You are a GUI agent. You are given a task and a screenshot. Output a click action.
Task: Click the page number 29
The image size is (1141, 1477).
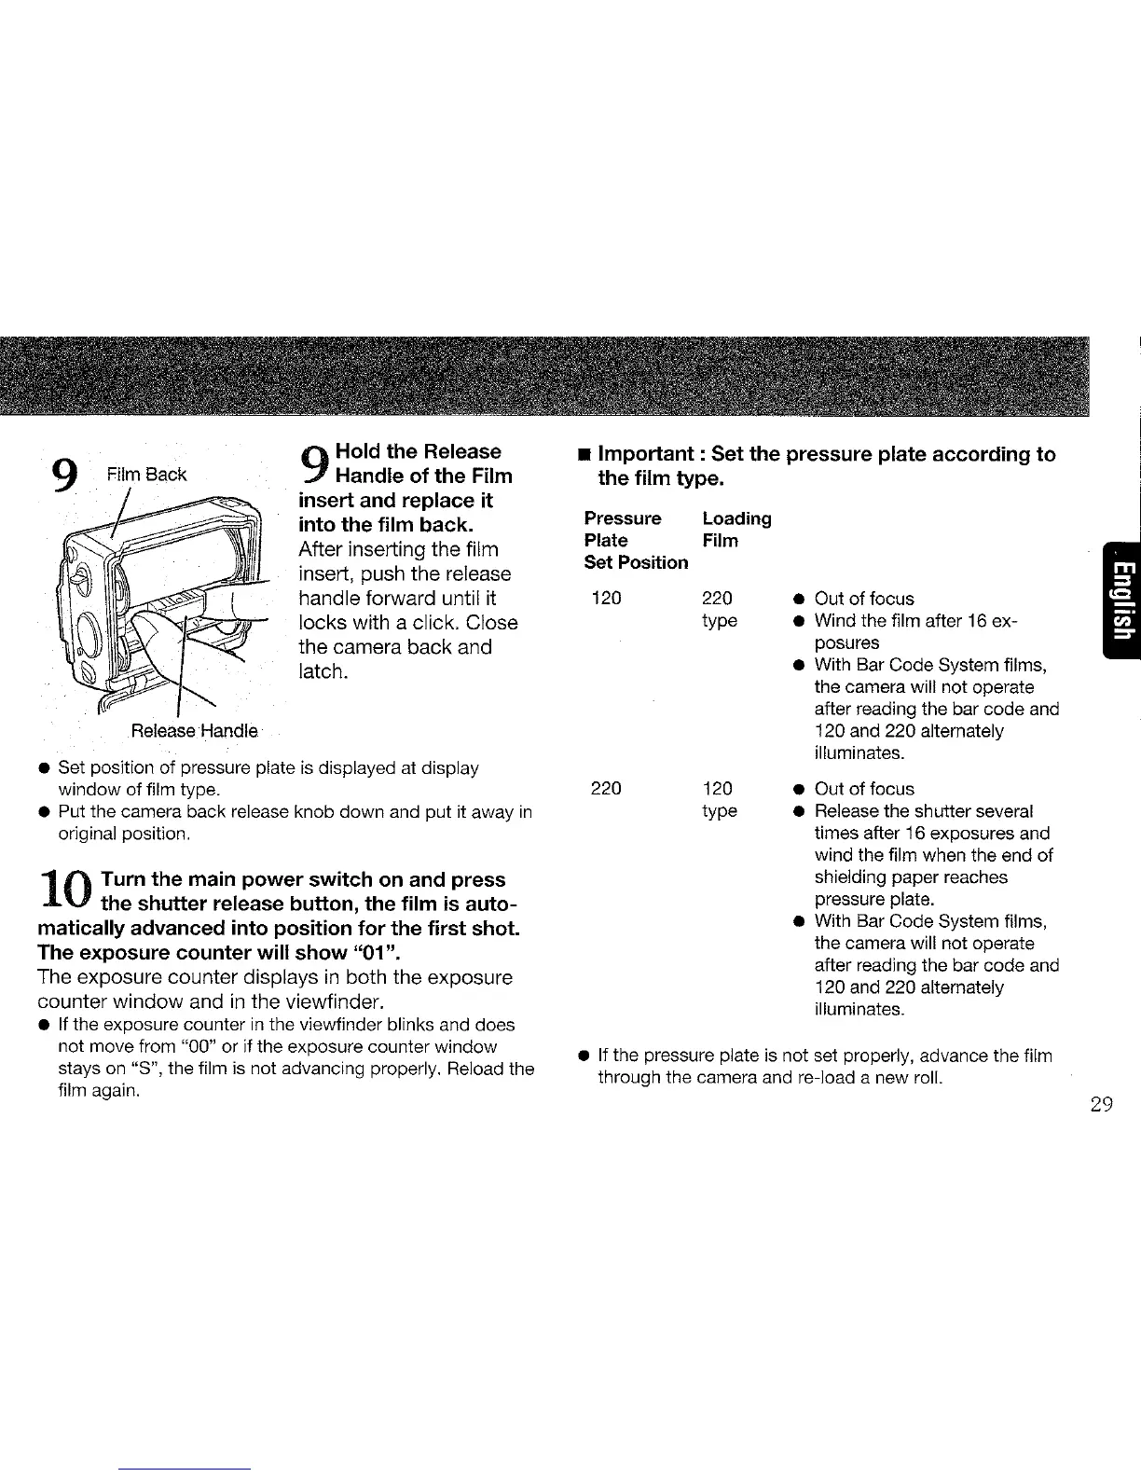(x=1101, y=1106)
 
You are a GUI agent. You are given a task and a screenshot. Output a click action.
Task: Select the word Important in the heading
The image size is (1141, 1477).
(x=648, y=455)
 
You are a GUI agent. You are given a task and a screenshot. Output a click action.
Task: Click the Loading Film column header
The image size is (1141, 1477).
(x=736, y=530)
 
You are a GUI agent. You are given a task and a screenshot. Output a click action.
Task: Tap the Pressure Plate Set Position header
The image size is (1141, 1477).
(x=636, y=540)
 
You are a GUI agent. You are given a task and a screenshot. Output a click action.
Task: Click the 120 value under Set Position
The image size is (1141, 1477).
(x=606, y=598)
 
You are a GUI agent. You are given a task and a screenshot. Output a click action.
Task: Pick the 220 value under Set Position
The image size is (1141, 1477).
(x=606, y=789)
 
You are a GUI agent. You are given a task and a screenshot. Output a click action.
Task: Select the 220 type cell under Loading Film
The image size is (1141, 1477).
(x=719, y=609)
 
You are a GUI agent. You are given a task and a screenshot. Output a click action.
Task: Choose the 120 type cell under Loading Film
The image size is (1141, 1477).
(x=719, y=799)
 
